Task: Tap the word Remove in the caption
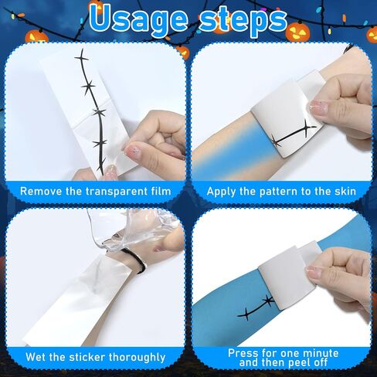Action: [x=41, y=192]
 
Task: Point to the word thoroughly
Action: [x=137, y=358]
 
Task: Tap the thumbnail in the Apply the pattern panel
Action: [x=318, y=107]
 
